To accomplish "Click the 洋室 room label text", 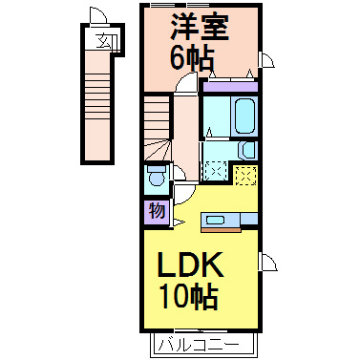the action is pyautogui.click(x=201, y=27).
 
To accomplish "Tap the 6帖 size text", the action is pyautogui.click(x=191, y=58).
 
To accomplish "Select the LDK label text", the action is pyautogui.click(x=190, y=265).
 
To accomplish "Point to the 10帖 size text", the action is pyautogui.click(x=189, y=297).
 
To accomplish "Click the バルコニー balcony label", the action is pyautogui.click(x=200, y=346).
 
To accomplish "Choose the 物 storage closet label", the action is pyautogui.click(x=157, y=210).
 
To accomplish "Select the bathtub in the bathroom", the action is pyautogui.click(x=245, y=116).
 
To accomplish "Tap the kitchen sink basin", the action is pyautogui.click(x=216, y=220).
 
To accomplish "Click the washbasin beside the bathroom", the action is pyautogui.click(x=247, y=150).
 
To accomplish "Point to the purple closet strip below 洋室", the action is pyautogui.click(x=230, y=87).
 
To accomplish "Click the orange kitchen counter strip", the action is pyautogui.click(x=221, y=229).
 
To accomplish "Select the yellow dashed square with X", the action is pyautogui.click(x=246, y=176).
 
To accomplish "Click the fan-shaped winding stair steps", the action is pyautogui.click(x=158, y=150).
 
